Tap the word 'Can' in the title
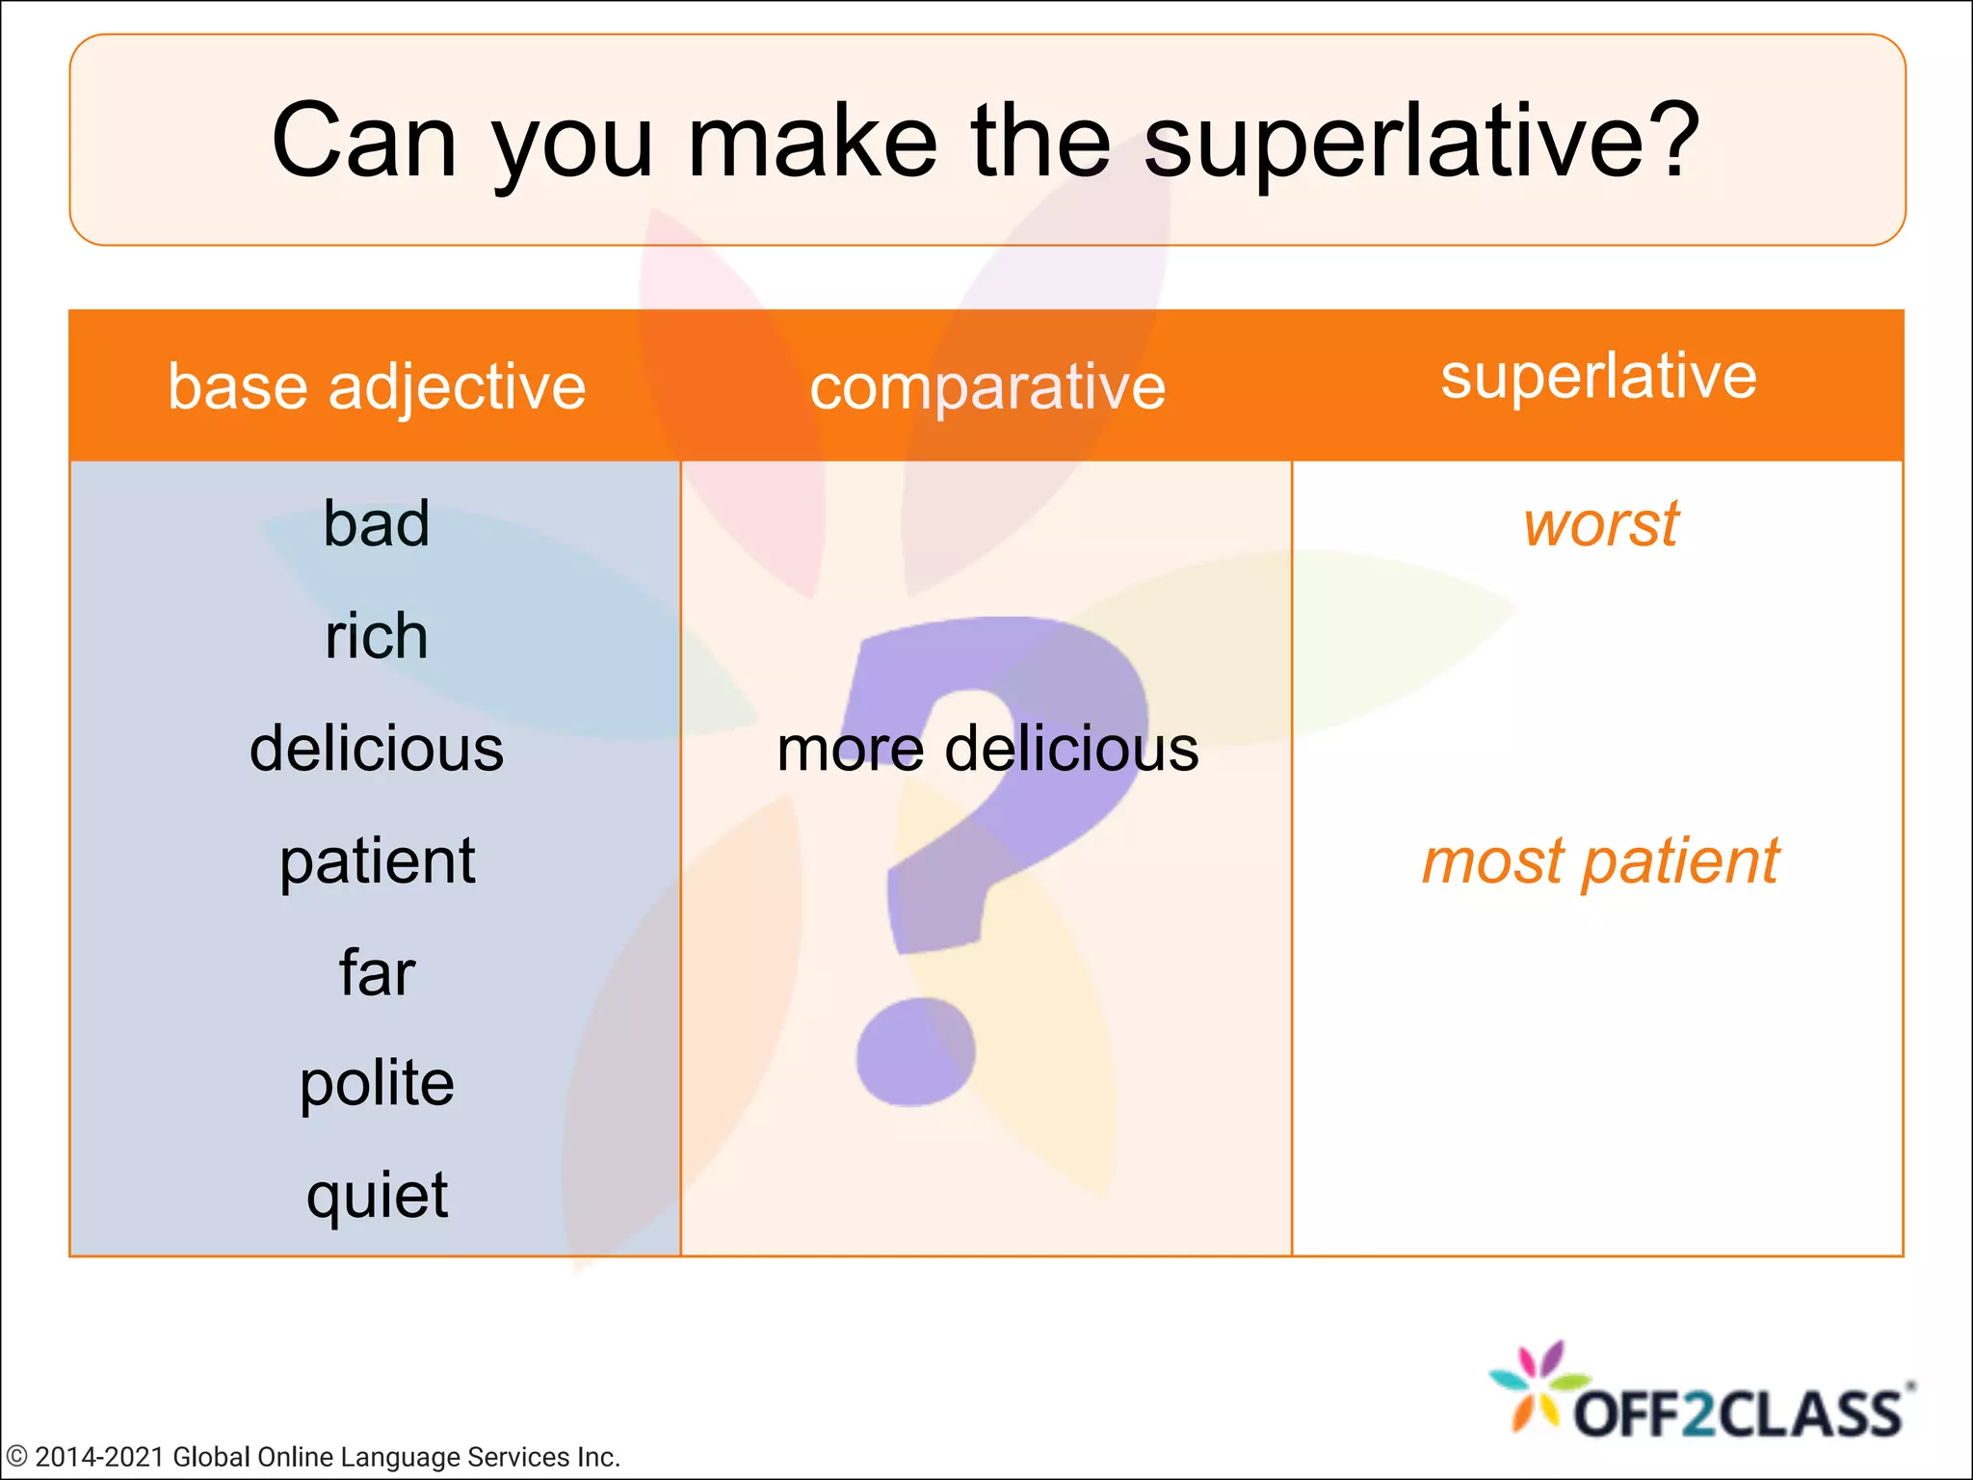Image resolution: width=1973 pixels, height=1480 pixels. (364, 143)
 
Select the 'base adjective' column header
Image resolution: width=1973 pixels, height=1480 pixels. (377, 386)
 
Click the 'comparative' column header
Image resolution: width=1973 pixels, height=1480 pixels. (987, 387)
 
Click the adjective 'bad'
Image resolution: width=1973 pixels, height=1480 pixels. (377, 524)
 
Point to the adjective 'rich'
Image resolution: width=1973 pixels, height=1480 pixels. (377, 637)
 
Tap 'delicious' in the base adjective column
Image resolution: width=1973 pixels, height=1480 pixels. (377, 749)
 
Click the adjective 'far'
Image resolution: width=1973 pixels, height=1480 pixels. (377, 972)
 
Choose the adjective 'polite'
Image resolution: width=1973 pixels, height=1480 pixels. (377, 1084)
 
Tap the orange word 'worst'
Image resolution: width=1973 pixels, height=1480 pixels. (1600, 525)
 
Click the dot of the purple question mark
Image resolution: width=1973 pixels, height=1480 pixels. (915, 1052)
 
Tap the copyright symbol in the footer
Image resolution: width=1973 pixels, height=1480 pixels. (16, 1457)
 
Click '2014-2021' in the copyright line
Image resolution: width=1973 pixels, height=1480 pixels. (100, 1457)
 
